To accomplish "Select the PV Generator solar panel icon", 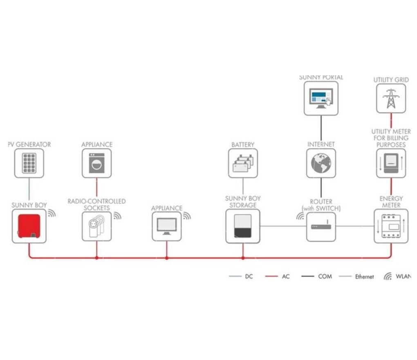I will (x=29, y=163).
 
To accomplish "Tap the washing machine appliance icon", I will (x=96, y=163).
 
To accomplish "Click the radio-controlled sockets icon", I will (x=96, y=226).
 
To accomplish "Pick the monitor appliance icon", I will (x=166, y=226).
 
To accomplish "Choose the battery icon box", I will (x=243, y=163).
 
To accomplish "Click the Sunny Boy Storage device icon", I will (x=243, y=226).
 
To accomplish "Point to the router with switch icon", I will (x=321, y=226).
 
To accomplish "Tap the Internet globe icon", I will (x=321, y=163).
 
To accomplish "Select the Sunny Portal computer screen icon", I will (x=321, y=98).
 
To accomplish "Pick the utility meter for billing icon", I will (x=391, y=163).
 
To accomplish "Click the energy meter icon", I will (x=391, y=226).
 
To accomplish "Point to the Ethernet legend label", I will (x=364, y=277).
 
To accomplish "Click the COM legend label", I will (x=325, y=277).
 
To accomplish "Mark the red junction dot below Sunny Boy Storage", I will (x=243, y=258).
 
